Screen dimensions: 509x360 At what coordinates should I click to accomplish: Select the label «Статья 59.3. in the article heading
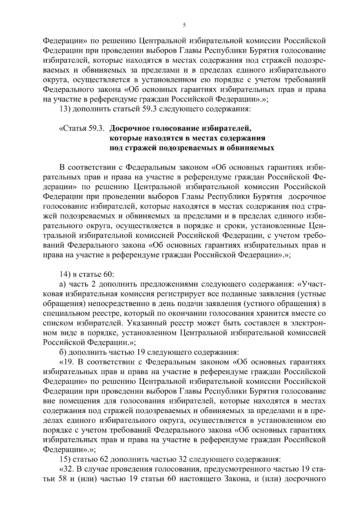(x=82, y=129)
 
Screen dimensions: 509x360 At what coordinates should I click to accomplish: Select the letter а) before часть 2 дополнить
(x=62, y=284)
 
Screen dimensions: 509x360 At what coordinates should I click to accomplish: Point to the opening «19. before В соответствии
(x=67, y=362)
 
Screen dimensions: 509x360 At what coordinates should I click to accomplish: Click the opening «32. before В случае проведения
(x=67, y=469)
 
